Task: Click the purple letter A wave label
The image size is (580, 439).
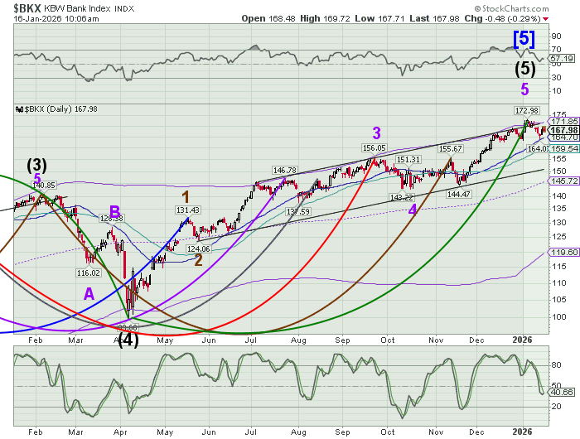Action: (x=89, y=292)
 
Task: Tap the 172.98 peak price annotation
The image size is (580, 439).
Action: (x=527, y=110)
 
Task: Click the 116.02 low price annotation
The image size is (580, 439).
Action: (x=88, y=273)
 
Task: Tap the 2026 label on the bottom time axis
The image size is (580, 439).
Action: (x=521, y=432)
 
